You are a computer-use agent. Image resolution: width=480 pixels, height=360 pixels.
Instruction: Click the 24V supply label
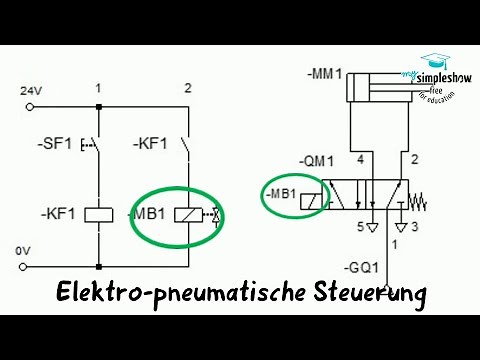(32, 91)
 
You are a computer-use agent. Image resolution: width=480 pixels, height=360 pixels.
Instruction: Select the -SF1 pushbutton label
(56, 146)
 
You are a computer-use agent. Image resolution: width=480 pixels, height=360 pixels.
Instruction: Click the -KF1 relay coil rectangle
(99, 212)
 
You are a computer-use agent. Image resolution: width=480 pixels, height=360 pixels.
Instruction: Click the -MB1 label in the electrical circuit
(148, 213)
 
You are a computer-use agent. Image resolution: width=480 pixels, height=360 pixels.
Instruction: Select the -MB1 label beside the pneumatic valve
(279, 191)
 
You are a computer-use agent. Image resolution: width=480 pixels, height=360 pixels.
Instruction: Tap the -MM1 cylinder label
(326, 73)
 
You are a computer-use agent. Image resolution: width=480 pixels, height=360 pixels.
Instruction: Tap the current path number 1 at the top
(99, 89)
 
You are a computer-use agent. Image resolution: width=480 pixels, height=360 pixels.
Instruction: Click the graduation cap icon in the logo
(436, 61)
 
